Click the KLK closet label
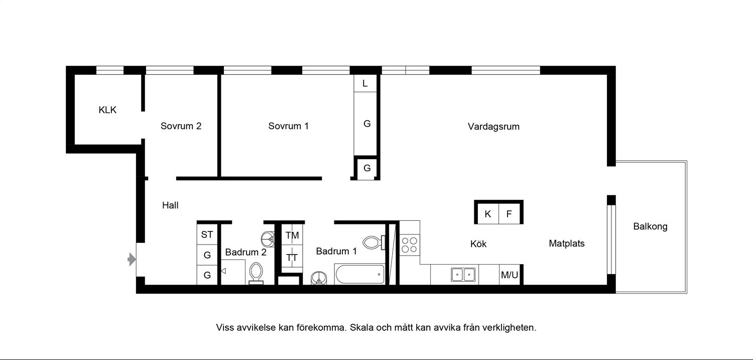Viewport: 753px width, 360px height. coord(107,110)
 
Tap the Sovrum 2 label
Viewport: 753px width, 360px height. coord(181,126)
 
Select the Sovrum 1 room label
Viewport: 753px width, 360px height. coord(288,126)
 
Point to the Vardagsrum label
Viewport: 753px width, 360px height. coord(493,127)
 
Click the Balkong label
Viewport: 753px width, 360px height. coord(650,226)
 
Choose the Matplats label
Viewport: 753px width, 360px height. coord(567,244)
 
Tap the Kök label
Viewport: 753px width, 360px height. coord(478,244)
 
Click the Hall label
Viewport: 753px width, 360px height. coord(170,205)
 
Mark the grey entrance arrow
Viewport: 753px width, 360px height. coord(132,260)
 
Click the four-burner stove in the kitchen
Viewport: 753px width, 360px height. coord(410,245)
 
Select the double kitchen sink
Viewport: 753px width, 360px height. coord(463,275)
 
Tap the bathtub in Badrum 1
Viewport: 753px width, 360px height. coord(359,274)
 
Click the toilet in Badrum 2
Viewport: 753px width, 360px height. coord(256,273)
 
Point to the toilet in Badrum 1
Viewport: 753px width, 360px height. coord(374,243)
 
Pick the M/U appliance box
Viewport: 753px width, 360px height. coord(510,275)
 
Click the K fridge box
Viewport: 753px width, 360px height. coord(487,214)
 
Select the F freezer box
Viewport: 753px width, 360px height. coord(509,214)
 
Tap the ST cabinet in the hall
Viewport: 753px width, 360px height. coord(207,234)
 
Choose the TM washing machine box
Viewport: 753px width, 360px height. coord(292,235)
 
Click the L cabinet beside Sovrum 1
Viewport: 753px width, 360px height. coord(365,83)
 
